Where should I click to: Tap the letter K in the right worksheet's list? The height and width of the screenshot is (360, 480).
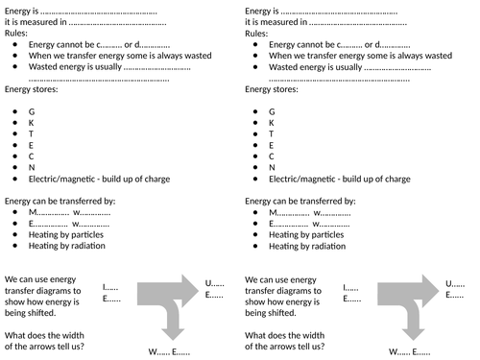point(271,123)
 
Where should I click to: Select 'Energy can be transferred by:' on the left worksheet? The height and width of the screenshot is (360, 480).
point(60,201)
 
